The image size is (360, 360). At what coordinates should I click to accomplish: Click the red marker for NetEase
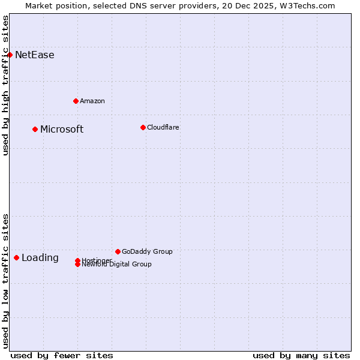(10, 55)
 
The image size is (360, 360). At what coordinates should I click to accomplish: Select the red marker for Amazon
(76, 101)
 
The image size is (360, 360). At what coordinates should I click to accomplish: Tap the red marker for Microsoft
(35, 129)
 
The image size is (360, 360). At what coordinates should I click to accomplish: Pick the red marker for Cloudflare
(143, 127)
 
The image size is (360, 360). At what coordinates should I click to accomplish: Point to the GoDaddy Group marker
(118, 251)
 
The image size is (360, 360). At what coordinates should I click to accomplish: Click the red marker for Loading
(16, 257)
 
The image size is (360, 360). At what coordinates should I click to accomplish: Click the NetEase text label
(34, 55)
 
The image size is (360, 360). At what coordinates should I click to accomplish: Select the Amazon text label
(92, 101)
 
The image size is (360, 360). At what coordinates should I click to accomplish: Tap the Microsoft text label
(62, 130)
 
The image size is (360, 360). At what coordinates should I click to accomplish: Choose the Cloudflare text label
(163, 127)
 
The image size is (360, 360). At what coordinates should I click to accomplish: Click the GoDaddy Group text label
(147, 251)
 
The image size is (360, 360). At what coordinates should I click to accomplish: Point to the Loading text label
(40, 258)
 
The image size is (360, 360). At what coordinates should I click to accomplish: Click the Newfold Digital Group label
(117, 265)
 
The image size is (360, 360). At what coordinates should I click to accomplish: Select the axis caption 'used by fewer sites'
(62, 355)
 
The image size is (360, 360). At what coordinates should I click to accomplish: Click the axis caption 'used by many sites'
(301, 355)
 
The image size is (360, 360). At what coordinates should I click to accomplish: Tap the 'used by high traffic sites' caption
(6, 85)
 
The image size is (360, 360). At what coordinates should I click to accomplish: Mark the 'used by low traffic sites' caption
(6, 281)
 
